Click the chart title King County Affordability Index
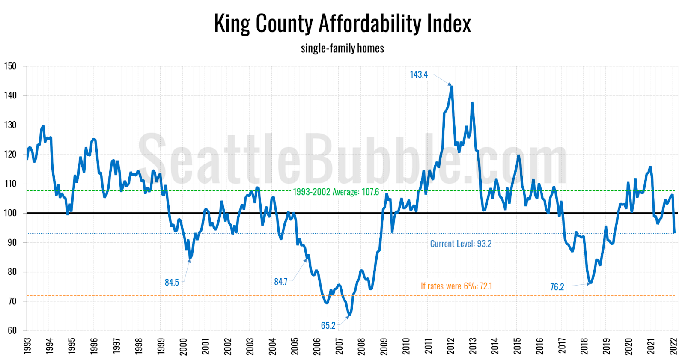pos(342,24)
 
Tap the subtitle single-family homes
pos(342,48)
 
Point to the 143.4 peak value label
pos(418,75)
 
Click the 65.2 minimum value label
pos(328,326)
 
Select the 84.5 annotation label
pos(172,283)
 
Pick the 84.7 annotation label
pos(280,282)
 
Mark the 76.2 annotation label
pos(557,287)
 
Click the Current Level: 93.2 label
pos(461,244)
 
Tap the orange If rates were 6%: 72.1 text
pos(456,286)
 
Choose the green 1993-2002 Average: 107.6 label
pos(336,192)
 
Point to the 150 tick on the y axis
pos(10,66)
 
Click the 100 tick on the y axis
pos(10,213)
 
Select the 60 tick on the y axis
pos(12,330)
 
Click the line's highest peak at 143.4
pos(452,86)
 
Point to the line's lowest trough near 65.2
pos(349,315)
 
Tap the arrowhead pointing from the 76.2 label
pos(589,283)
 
